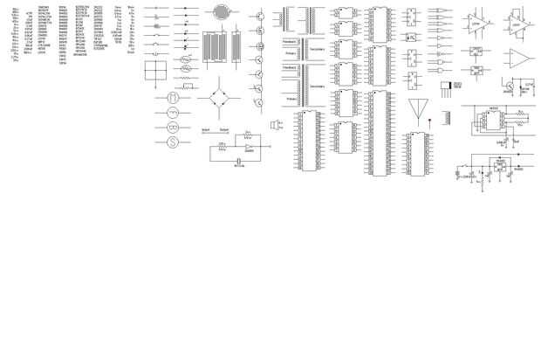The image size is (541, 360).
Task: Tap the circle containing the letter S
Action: click(x=172, y=142)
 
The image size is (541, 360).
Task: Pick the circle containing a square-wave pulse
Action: click(x=172, y=113)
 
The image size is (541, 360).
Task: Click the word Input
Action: click(x=205, y=129)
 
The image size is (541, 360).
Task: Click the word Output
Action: click(x=224, y=129)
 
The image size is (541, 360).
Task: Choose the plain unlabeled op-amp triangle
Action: click(x=519, y=59)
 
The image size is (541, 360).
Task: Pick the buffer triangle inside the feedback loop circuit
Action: click(x=249, y=147)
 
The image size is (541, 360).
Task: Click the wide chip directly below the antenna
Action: click(x=418, y=154)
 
